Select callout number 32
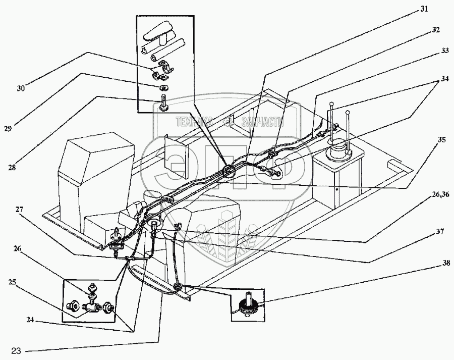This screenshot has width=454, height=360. point(435,30)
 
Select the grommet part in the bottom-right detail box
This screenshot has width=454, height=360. point(248,305)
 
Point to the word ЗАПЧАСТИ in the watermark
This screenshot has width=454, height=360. point(264,121)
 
